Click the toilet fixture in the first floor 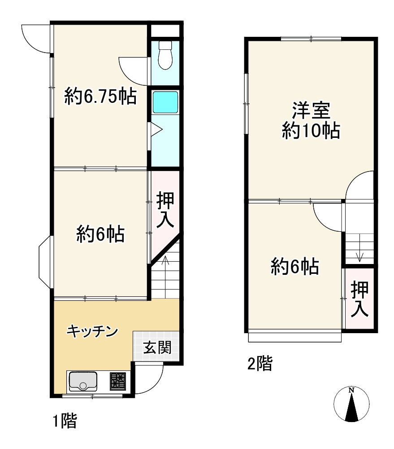tap(165, 56)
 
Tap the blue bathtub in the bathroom tap(165, 102)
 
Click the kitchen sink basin tap(83, 382)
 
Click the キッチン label tap(92, 331)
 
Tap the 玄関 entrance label tap(157, 348)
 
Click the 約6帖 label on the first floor tap(100, 234)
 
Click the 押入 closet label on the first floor tap(165, 211)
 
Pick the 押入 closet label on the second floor tap(360, 299)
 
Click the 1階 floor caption tap(65, 421)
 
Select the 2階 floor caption tap(260, 363)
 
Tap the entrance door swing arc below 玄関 tap(150, 379)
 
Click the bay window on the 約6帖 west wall tap(45, 261)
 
